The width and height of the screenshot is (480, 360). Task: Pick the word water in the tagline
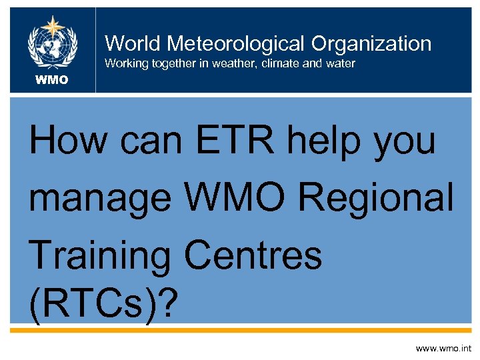(x=340, y=64)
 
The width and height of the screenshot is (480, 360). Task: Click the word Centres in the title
(x=253, y=256)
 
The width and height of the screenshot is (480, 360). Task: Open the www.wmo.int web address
(x=443, y=348)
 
